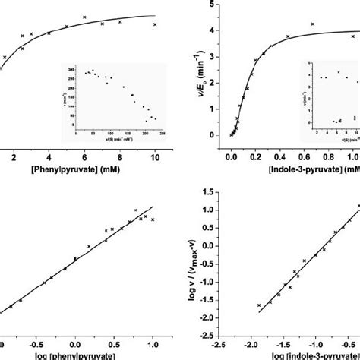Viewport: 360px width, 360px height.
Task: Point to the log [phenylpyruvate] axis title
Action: pyautogui.click(x=75, y=355)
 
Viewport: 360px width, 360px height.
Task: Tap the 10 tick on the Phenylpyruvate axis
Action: pyautogui.click(x=155, y=156)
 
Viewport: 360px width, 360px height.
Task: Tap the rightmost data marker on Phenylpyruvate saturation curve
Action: pyautogui.click(x=156, y=24)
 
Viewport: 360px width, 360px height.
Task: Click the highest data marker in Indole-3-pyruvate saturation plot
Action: pyautogui.click(x=312, y=24)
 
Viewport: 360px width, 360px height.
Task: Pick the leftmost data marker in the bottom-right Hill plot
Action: pyautogui.click(x=259, y=305)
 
